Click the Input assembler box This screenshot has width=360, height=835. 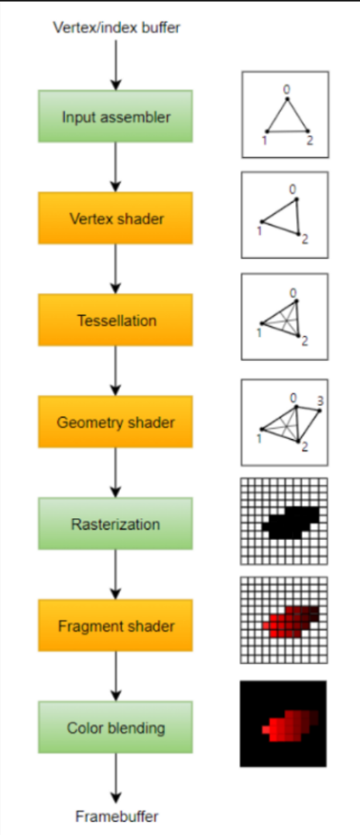click(115, 116)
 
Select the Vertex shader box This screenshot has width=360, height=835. click(115, 218)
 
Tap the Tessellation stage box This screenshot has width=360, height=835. click(115, 320)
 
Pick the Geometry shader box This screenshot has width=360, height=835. click(115, 421)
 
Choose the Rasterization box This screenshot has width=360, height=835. click(115, 524)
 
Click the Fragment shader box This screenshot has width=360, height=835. click(115, 625)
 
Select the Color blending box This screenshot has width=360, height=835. click(115, 727)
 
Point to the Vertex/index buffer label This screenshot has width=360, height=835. click(117, 27)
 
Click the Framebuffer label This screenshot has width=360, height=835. click(117, 816)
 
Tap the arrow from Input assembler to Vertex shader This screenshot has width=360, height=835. click(116, 167)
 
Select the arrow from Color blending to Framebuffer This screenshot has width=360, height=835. click(116, 778)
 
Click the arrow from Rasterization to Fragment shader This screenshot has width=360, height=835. click(116, 574)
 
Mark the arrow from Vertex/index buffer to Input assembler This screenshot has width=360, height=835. click(116, 64)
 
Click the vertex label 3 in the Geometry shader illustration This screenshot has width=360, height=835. click(320, 400)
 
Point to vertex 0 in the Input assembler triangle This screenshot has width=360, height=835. click(286, 98)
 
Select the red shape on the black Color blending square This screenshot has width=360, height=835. click(290, 725)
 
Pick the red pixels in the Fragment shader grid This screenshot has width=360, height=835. click(290, 622)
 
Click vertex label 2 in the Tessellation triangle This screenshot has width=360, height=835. click(304, 342)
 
